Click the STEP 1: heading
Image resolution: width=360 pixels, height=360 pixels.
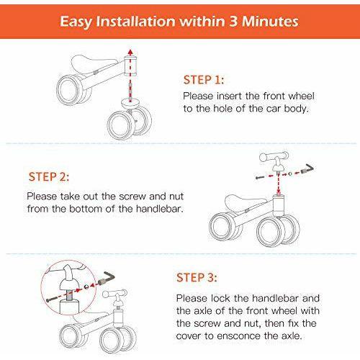tap(203, 80)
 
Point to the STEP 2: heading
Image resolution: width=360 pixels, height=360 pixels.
tap(50, 176)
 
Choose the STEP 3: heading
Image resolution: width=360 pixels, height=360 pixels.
tap(198, 276)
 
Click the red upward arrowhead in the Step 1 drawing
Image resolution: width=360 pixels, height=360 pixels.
tap(129, 52)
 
